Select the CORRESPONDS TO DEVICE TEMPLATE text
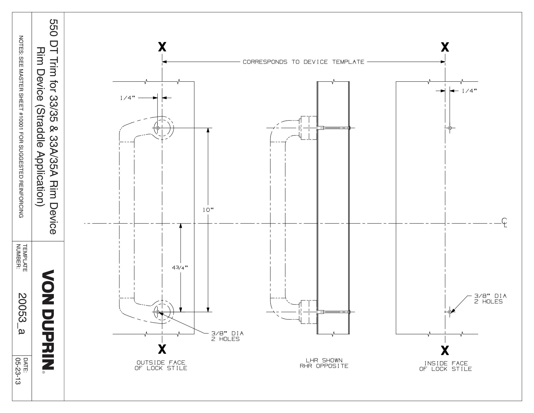(x=303, y=62)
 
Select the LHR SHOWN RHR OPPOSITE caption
(x=324, y=363)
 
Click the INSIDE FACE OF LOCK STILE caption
(x=446, y=366)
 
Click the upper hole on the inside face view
(x=450, y=128)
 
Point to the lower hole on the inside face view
(x=450, y=312)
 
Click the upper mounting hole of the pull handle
(x=158, y=128)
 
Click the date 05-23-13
(x=20, y=372)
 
